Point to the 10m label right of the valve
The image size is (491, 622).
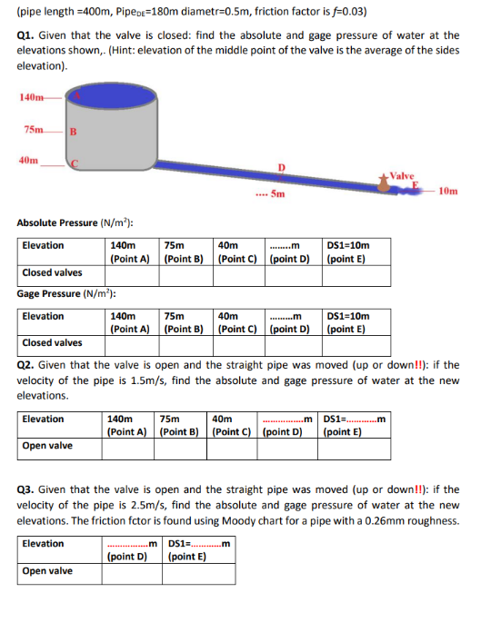pos(447,192)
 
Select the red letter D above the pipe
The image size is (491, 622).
pos(281,167)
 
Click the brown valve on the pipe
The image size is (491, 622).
pos(392,185)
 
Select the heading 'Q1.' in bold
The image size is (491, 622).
pos(26,35)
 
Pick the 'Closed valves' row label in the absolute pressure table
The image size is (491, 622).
pos(51,272)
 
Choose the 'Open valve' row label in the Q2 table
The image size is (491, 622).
pos(47,446)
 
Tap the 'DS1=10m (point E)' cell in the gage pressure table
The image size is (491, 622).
pos(346,322)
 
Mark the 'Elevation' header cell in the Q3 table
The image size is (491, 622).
pos(43,544)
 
